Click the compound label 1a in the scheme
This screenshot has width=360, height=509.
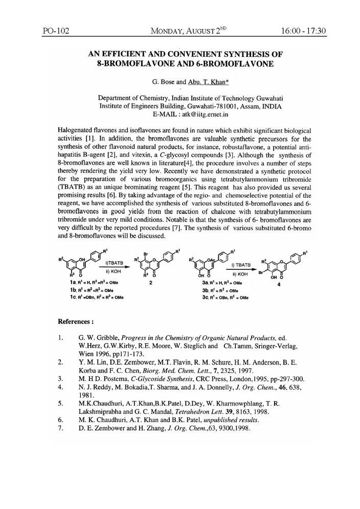point(61,282)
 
